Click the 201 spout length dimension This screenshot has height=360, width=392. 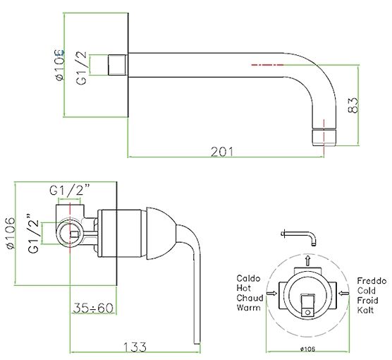click(x=222, y=152)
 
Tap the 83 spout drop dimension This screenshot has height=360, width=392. click(x=353, y=105)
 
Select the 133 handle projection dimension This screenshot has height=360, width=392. click(x=135, y=347)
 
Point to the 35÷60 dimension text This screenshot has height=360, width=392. click(x=93, y=308)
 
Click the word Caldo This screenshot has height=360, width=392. click(x=248, y=278)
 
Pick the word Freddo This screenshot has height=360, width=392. click(x=372, y=281)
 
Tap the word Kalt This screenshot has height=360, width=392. click(x=365, y=310)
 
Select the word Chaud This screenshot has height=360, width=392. click(x=250, y=298)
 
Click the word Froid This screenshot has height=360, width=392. click(x=367, y=301)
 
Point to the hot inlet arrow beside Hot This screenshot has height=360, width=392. click(x=272, y=293)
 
